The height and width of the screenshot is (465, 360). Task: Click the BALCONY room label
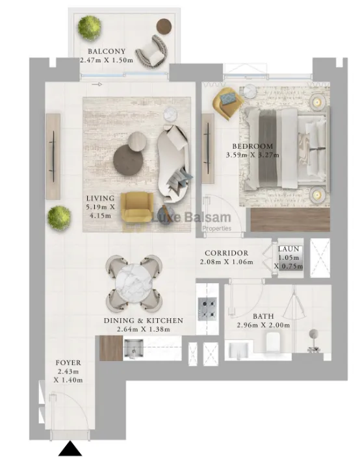coord(107,51)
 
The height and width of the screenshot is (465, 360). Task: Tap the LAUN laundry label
coord(287,249)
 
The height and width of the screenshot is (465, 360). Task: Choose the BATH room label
coord(263,316)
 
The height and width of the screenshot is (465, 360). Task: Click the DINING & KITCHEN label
coord(143,321)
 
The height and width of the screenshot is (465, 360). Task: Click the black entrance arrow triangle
coord(69,449)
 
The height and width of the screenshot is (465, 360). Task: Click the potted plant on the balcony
coord(89,27)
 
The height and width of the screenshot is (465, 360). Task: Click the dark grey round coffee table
coord(127,158)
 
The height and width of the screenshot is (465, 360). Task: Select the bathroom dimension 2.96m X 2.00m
coord(263,325)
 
